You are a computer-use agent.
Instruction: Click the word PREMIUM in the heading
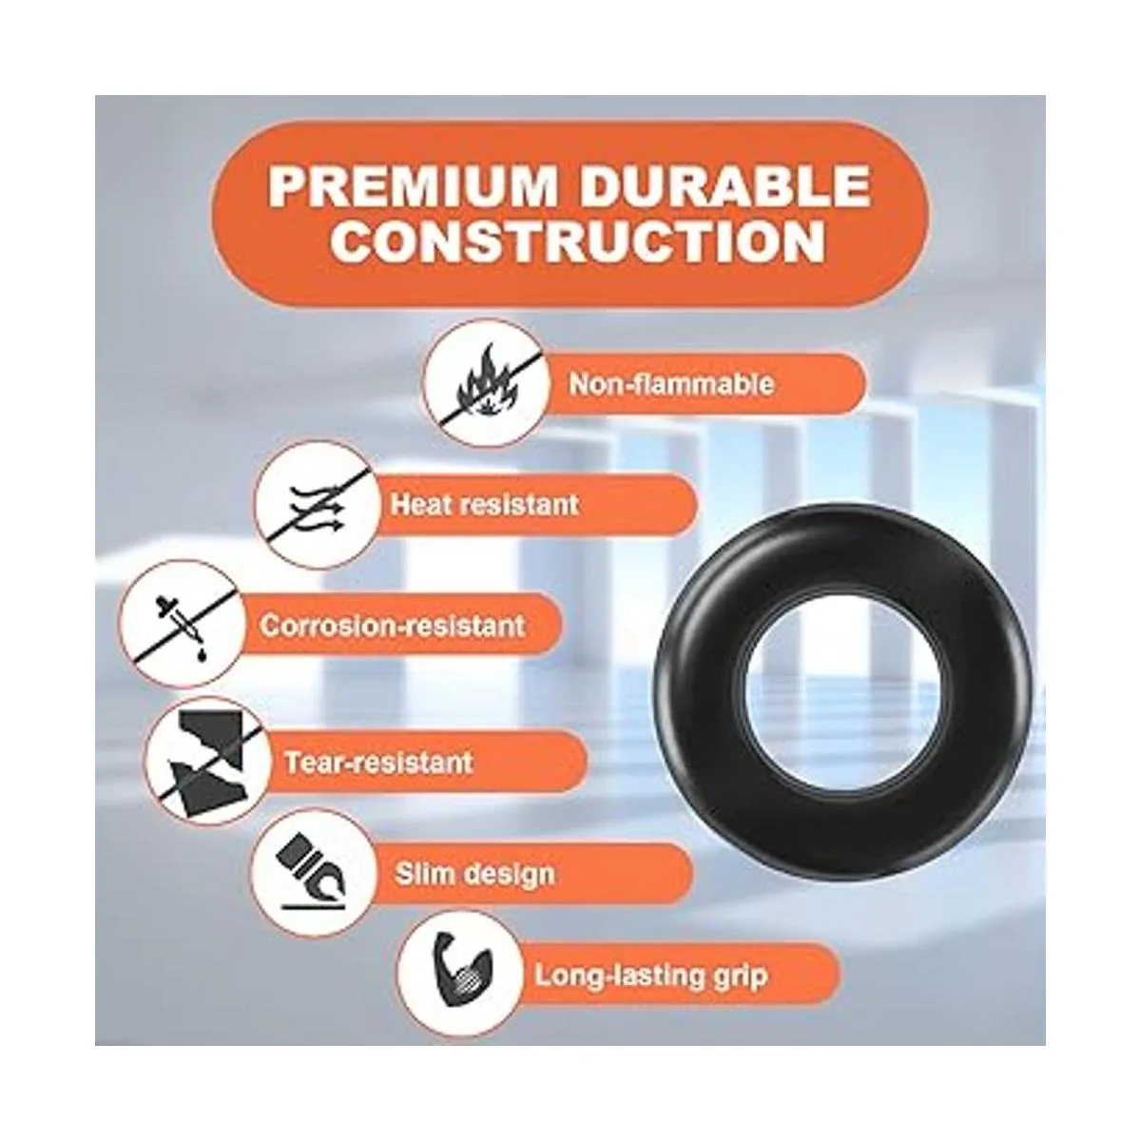[413, 186]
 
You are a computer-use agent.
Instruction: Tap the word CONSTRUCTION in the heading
[577, 241]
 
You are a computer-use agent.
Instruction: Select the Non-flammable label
[671, 384]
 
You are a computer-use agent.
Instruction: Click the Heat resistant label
[484, 505]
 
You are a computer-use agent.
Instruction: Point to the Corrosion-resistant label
[393, 626]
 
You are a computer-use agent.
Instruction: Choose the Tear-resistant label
[379, 762]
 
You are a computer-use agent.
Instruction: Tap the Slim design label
[475, 874]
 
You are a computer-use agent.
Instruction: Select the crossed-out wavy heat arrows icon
[317, 505]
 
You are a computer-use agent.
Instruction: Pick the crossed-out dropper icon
[182, 626]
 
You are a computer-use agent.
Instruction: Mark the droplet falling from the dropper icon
[203, 654]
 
